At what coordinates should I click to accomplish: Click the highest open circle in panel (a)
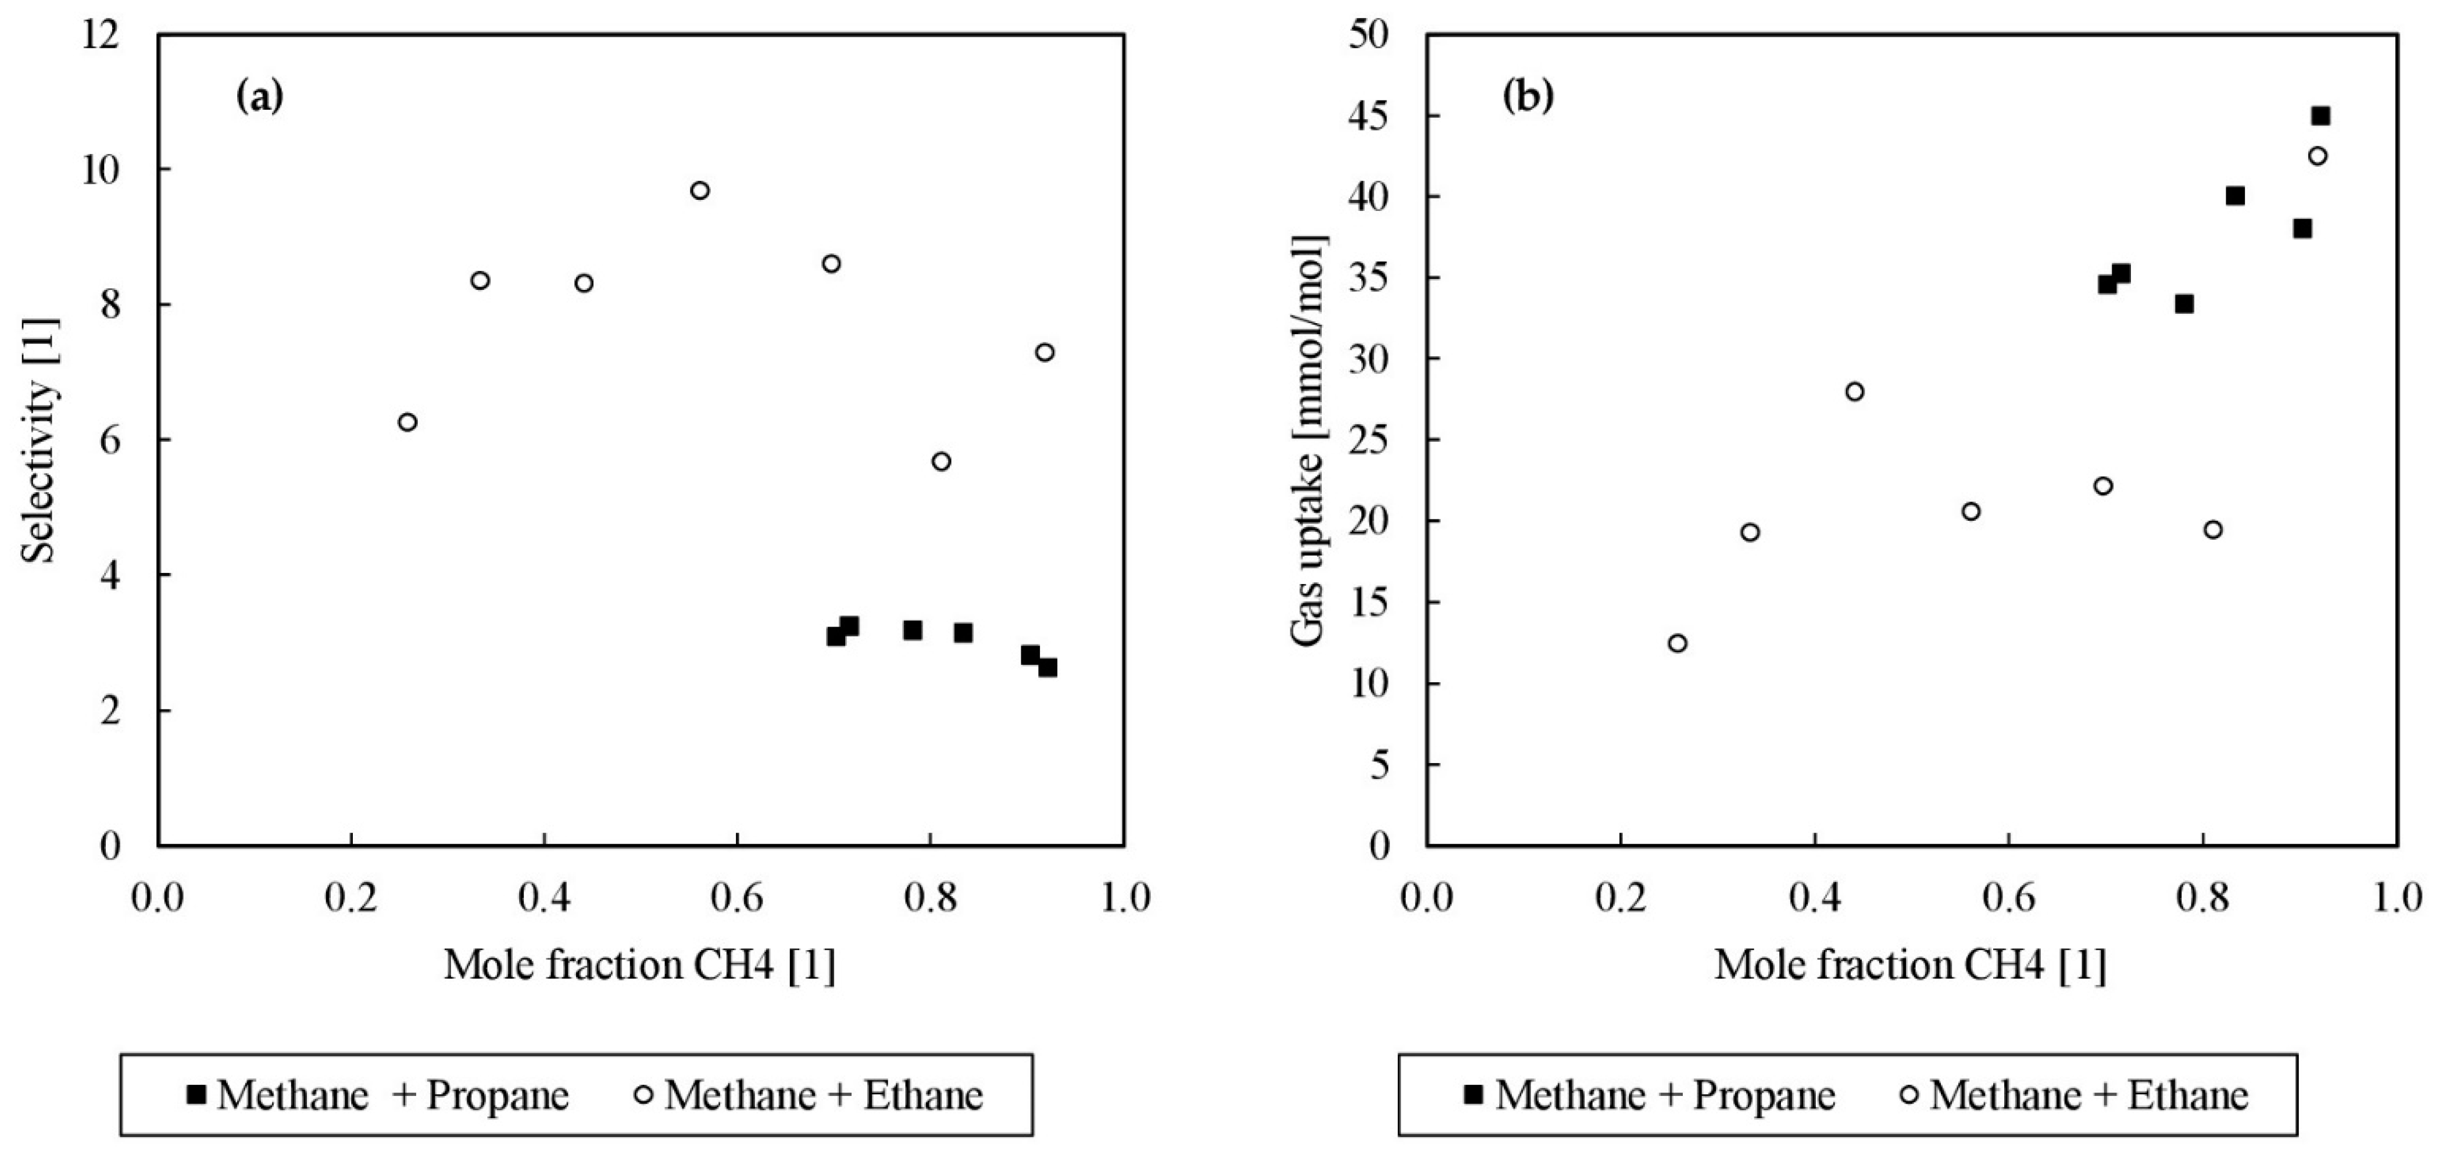click(x=700, y=190)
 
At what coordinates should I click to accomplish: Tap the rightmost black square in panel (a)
click(x=1047, y=668)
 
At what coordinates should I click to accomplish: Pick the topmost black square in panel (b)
click(x=2320, y=116)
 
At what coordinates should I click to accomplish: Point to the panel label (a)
click(x=259, y=96)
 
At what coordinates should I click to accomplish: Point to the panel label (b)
click(x=1528, y=96)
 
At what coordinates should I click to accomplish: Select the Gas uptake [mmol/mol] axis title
click(x=1310, y=440)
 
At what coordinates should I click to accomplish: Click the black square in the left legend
click(x=196, y=1095)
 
